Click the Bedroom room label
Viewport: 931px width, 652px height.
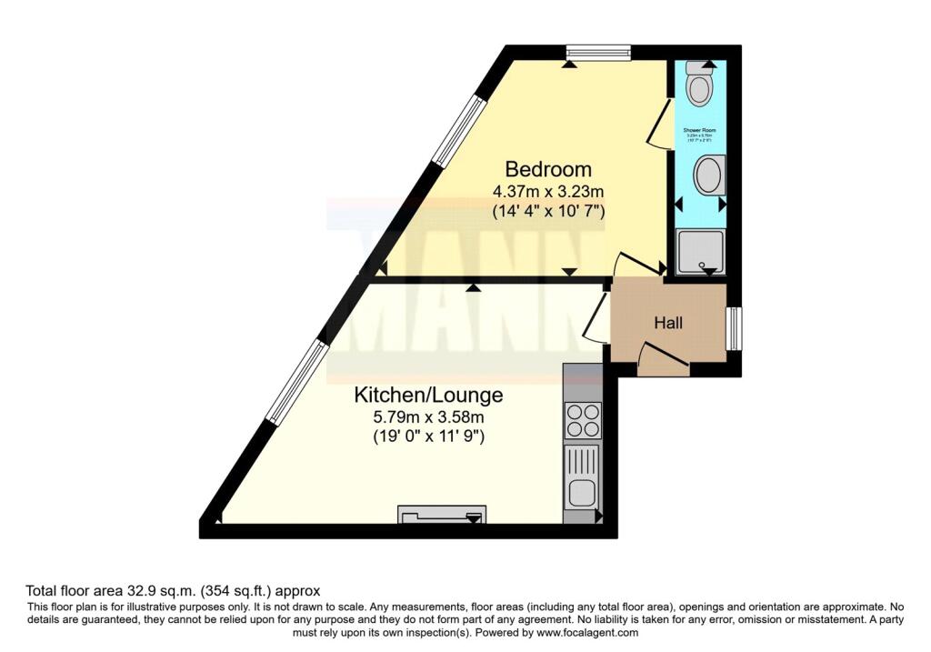pyautogui.click(x=548, y=169)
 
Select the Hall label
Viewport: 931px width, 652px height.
pyautogui.click(x=668, y=323)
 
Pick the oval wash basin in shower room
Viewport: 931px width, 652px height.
pyautogui.click(x=709, y=175)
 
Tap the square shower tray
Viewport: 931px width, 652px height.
pyautogui.click(x=702, y=252)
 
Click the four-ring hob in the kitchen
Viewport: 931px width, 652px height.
pyautogui.click(x=582, y=420)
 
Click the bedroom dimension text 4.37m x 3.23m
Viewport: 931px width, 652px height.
pyautogui.click(x=548, y=192)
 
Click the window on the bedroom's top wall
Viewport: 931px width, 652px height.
pyautogui.click(x=597, y=53)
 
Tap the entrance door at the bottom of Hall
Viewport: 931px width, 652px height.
pyautogui.click(x=663, y=358)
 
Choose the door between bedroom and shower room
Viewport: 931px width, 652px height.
pyautogui.click(x=658, y=122)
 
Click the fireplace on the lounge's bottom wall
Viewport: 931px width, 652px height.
pyautogui.click(x=442, y=515)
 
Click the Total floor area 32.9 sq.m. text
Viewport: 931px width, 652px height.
pyautogui.click(x=173, y=590)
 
